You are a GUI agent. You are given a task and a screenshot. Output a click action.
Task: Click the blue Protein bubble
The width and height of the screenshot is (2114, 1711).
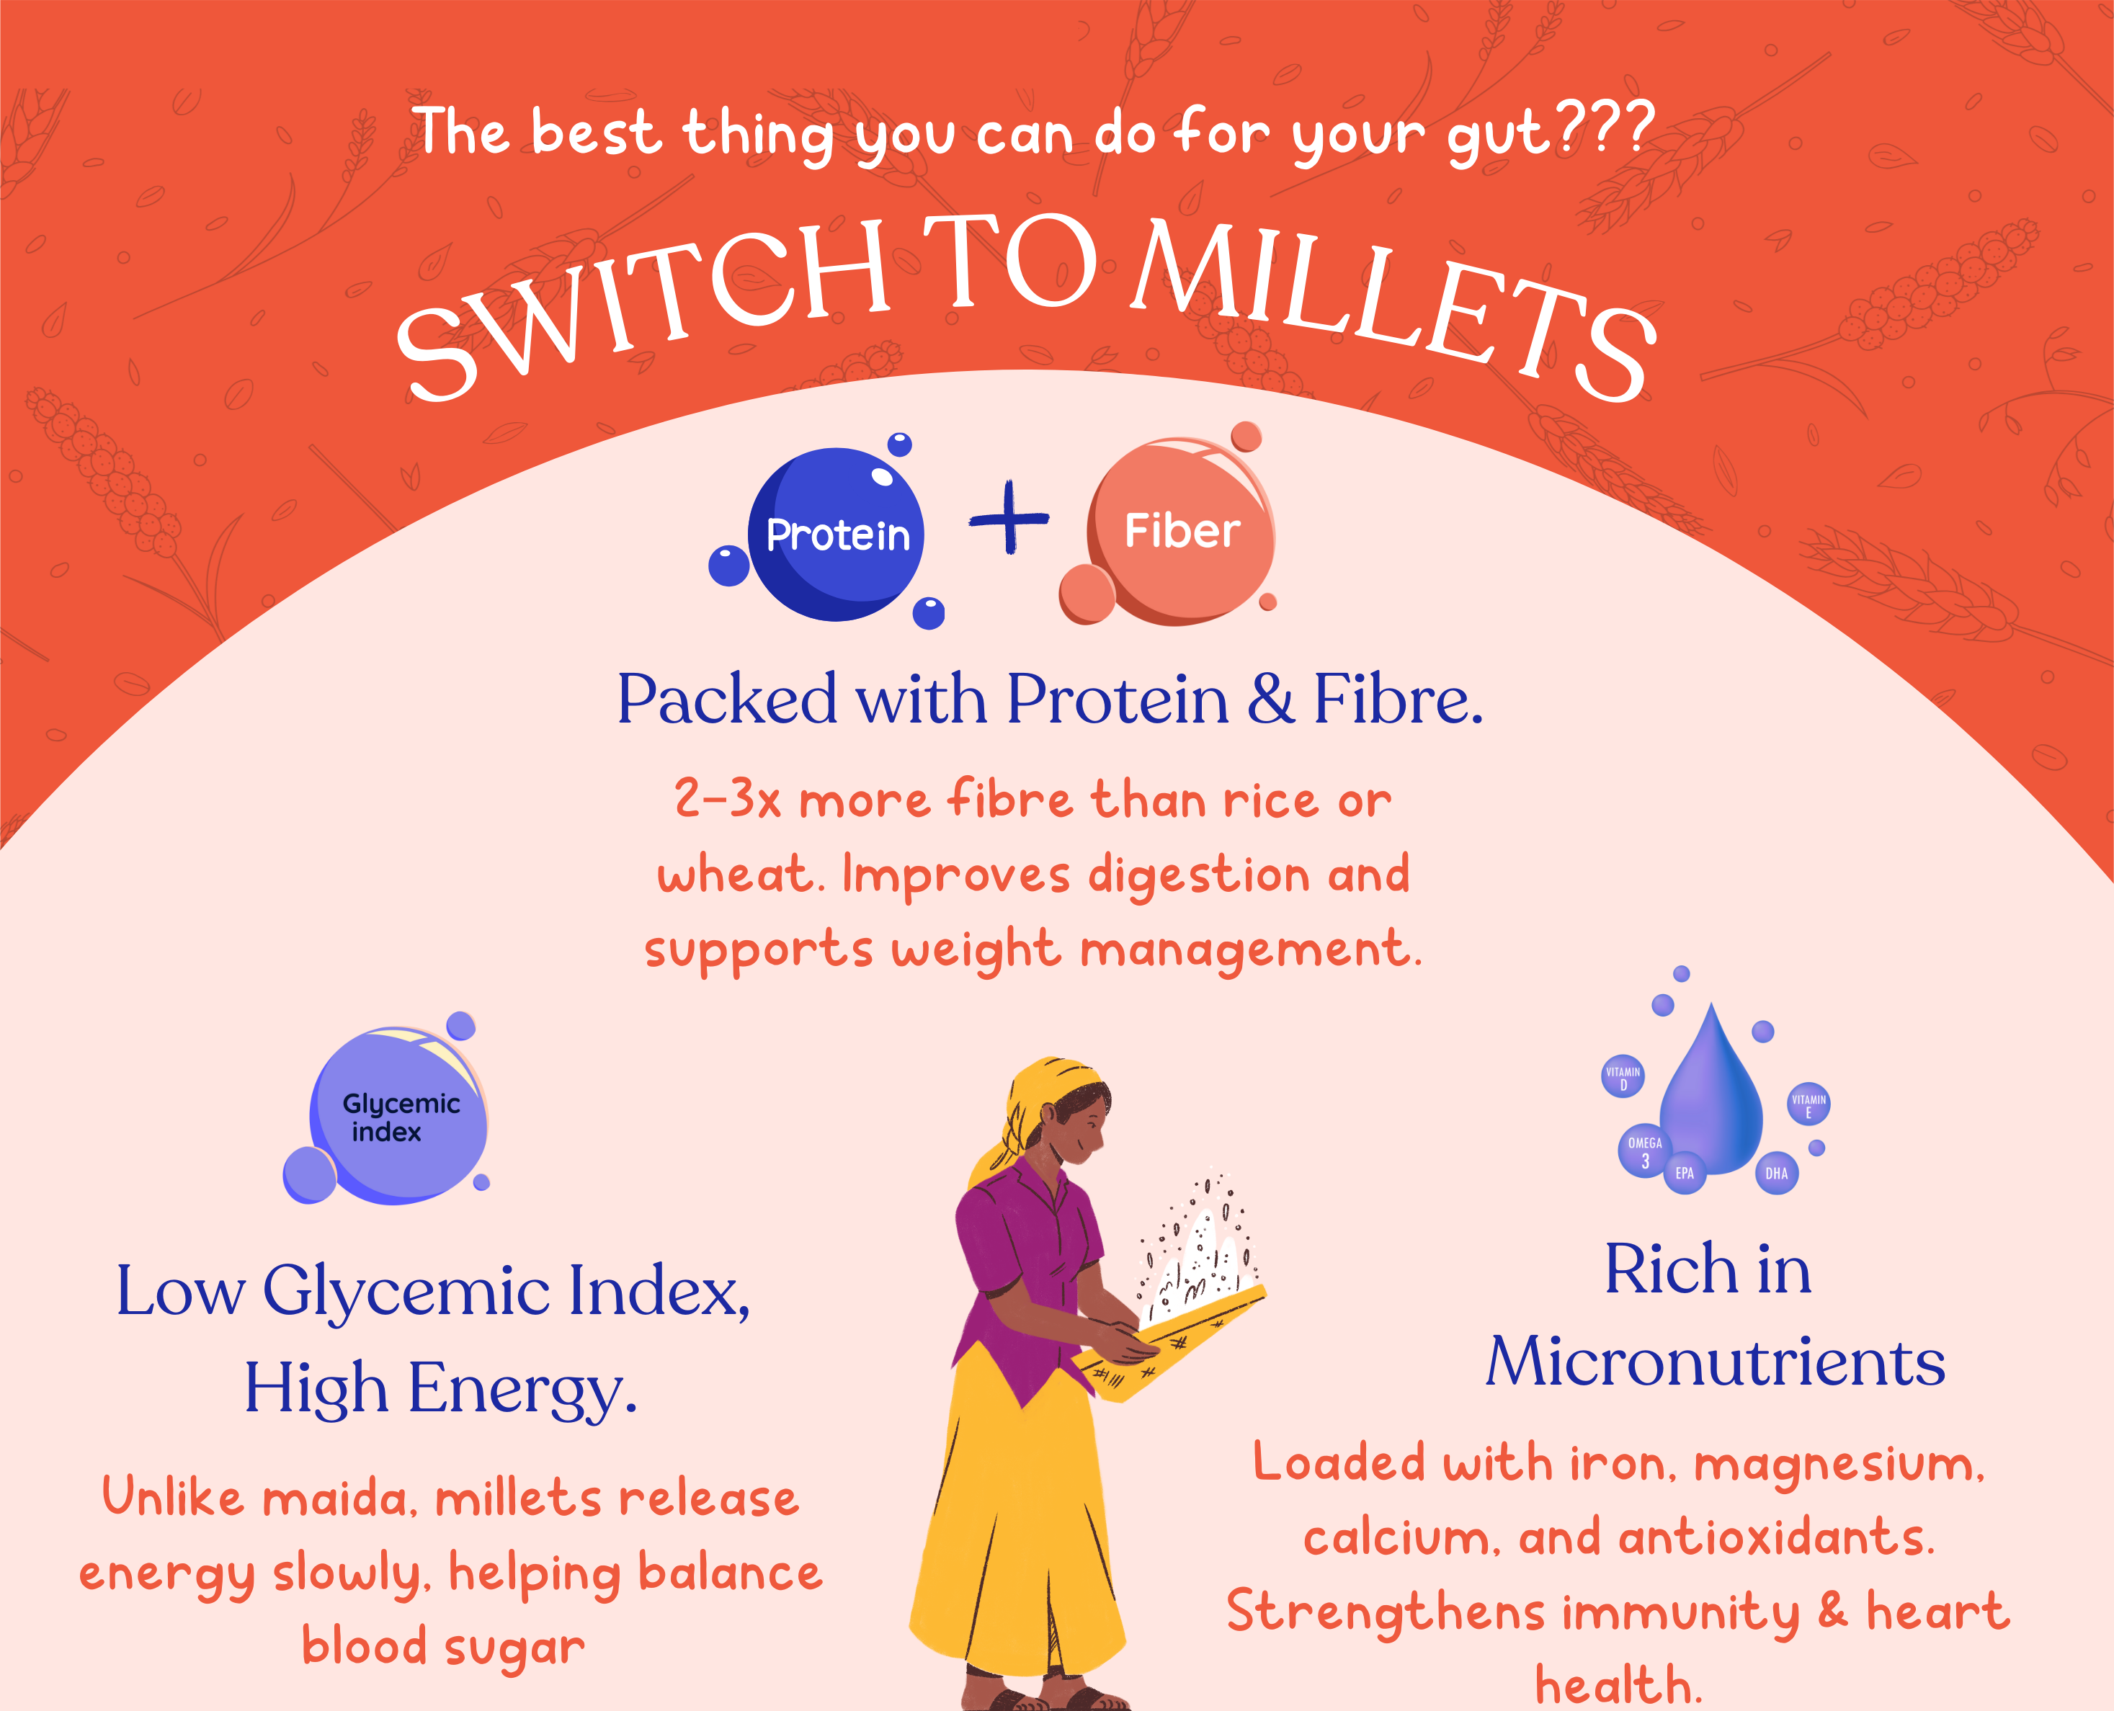point(836,535)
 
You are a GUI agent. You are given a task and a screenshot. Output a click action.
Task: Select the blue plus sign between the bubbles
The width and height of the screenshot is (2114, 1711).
point(1008,517)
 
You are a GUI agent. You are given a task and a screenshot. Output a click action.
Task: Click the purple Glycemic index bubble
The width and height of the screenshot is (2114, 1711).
point(398,1116)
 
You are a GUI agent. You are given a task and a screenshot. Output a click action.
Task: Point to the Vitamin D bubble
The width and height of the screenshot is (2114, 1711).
point(1622,1077)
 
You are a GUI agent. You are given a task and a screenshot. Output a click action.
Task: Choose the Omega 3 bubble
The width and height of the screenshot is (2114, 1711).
point(1644,1151)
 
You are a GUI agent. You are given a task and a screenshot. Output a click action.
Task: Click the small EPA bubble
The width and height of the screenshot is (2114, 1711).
point(1685,1173)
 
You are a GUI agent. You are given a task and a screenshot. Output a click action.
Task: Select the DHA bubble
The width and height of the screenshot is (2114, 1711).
point(1776,1173)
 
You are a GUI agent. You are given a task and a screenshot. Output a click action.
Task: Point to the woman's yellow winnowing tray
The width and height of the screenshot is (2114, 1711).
point(1168,1341)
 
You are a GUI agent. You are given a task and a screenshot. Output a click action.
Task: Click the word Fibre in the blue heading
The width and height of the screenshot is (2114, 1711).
point(1398,699)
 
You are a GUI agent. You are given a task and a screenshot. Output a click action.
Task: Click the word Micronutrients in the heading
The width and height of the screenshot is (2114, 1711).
point(1715,1362)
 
